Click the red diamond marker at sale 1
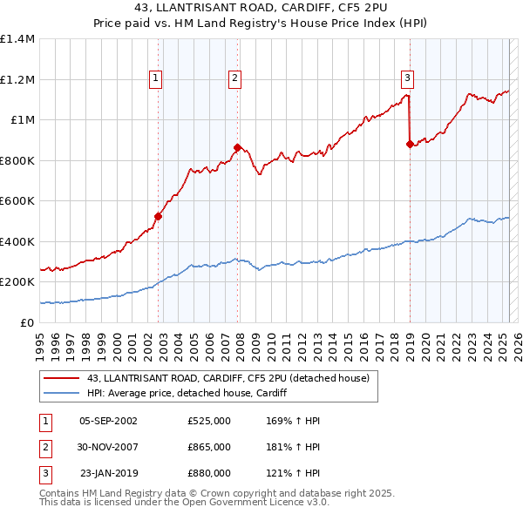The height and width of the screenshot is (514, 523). pos(159,216)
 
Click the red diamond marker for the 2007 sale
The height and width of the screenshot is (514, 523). pos(238,147)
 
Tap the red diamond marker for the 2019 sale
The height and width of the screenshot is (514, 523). pos(410,145)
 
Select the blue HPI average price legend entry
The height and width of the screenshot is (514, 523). pos(187,394)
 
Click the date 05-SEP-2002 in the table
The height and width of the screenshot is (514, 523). pos(108,421)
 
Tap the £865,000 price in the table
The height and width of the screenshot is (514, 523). pos(209,447)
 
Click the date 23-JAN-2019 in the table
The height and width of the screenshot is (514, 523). pos(108,473)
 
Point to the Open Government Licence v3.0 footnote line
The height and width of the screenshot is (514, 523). pos(184,503)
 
